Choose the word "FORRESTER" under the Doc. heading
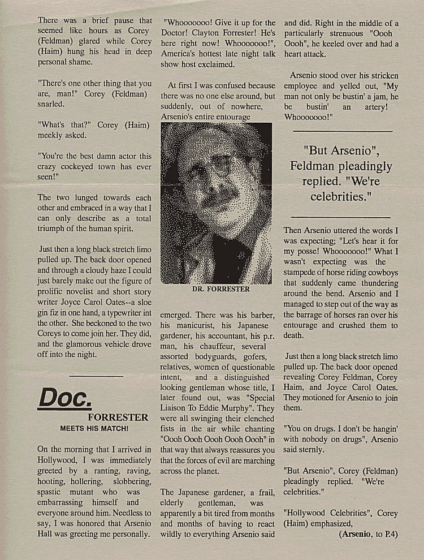click(118, 417)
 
